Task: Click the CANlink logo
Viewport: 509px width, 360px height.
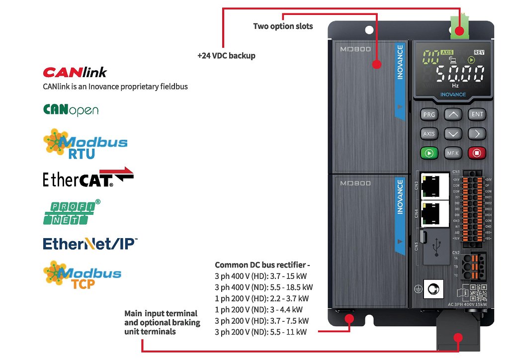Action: (75, 73)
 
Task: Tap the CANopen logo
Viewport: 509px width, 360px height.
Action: (71, 109)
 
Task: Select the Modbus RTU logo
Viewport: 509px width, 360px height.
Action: (85, 144)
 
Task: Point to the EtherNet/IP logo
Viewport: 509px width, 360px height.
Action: (90, 244)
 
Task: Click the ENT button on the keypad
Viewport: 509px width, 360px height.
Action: (477, 114)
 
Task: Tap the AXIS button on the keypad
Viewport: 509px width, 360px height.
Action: (429, 134)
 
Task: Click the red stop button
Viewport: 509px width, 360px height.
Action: (477, 153)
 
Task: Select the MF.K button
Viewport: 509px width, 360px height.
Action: (452, 153)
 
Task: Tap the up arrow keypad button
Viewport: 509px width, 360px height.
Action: (452, 114)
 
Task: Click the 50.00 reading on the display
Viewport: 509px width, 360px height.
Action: (460, 75)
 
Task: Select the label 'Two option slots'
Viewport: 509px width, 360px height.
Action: (283, 26)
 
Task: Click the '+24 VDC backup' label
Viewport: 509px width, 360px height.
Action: (226, 56)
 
